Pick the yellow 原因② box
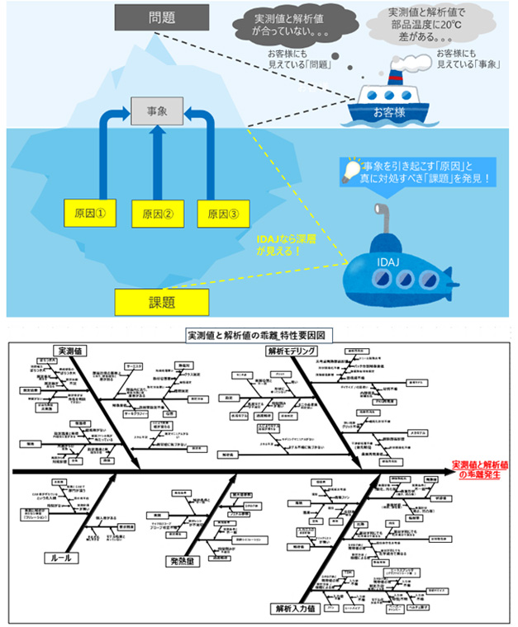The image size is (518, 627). (x=157, y=214)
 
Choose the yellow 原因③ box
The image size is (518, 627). (x=222, y=214)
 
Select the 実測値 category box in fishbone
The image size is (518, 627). (x=71, y=350)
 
